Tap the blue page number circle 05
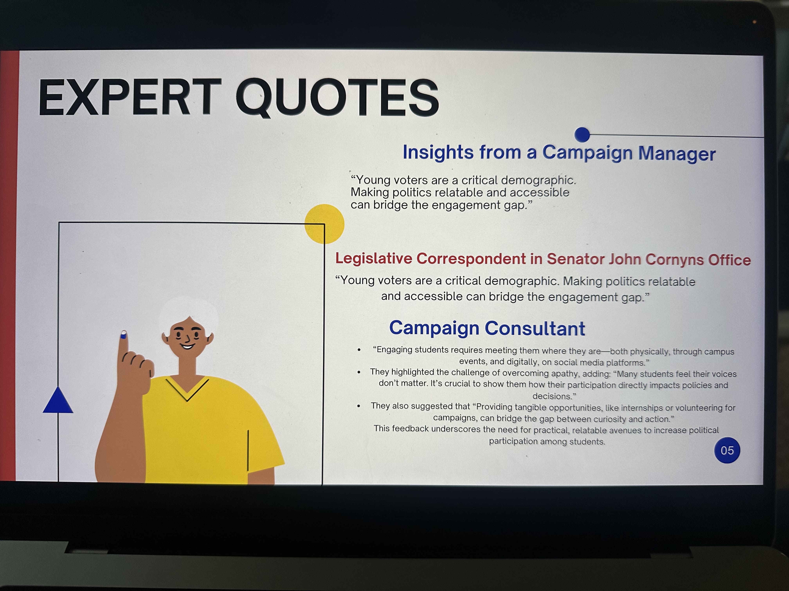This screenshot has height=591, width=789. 727,450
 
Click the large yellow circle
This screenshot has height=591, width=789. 324,224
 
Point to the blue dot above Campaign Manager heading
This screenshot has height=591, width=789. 582,135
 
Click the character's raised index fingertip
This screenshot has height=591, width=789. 123,334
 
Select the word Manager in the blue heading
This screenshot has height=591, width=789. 677,154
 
